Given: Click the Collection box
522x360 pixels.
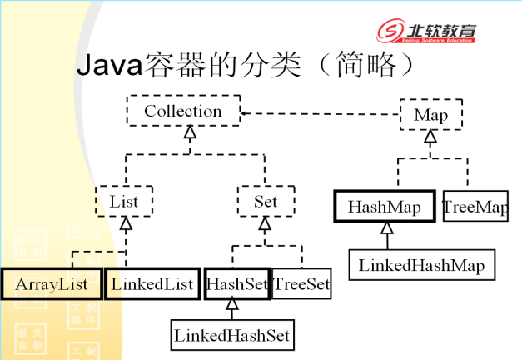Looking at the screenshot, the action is (183, 111).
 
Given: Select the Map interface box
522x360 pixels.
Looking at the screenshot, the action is (431, 114).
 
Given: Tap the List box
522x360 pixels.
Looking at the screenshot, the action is (124, 201).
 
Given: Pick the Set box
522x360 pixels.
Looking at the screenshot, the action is (266, 201).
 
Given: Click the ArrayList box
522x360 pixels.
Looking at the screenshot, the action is (52, 284).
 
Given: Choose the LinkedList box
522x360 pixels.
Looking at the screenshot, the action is (152, 284).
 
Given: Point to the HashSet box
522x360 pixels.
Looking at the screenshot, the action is (237, 284).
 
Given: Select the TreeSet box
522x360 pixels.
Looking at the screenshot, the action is (301, 284).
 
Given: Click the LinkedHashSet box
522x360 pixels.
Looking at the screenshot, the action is (232, 335).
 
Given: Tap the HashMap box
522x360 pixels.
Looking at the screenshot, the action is (385, 206).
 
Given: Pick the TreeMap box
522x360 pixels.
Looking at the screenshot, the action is (475, 206).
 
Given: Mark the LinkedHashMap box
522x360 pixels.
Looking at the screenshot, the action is (422, 265).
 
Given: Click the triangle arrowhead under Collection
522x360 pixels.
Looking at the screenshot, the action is (190, 132).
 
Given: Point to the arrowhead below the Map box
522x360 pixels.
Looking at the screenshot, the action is (430, 137).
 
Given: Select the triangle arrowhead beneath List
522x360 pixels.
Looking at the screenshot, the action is (126, 223).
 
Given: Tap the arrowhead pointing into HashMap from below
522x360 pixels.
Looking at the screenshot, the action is (387, 227).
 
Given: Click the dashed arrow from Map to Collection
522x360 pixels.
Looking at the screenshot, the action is (320, 113).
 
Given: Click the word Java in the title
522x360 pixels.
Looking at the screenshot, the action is (110, 65).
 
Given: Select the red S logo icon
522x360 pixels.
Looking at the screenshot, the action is (390, 30).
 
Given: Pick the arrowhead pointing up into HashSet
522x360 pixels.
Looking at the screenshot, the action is (232, 304).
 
